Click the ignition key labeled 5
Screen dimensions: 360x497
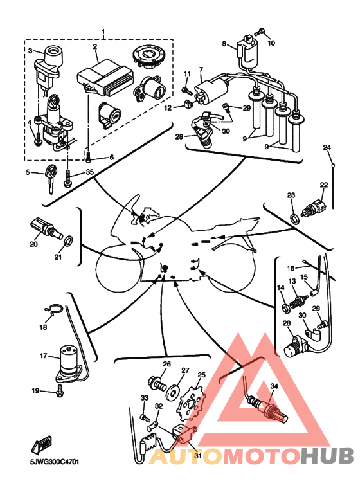click(x=50, y=178)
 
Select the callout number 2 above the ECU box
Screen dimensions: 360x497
click(x=94, y=46)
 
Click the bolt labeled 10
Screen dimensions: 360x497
click(x=259, y=32)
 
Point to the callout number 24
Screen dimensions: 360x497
click(x=327, y=147)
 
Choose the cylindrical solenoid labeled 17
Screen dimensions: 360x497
click(x=69, y=365)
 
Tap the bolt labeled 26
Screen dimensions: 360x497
click(x=157, y=384)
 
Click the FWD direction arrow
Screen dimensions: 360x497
click(x=41, y=446)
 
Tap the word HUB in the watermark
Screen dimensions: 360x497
click(x=327, y=456)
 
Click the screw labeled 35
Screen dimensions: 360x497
click(x=67, y=178)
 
